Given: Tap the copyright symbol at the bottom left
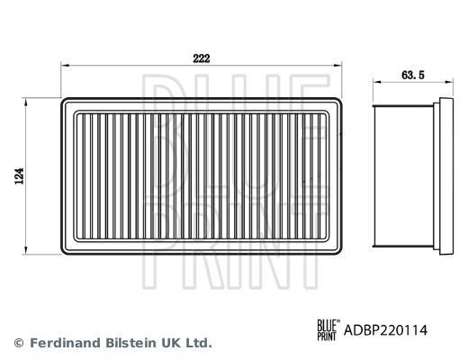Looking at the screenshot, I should tap(19, 343).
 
